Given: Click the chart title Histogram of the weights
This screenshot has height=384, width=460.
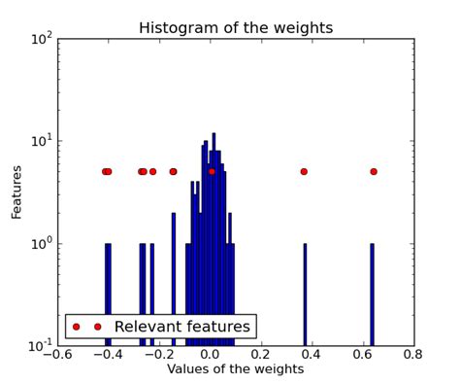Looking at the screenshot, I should pos(235,28).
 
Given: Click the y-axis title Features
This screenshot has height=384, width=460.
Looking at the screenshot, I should pos(16,192).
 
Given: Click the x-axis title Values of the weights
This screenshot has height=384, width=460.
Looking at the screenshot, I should pos(235,370).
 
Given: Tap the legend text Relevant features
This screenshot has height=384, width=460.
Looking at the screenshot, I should pos(181,327).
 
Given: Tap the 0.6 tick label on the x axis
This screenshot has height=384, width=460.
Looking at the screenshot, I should pos(363,356).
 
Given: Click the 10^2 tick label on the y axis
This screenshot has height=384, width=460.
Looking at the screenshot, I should pos(40,40).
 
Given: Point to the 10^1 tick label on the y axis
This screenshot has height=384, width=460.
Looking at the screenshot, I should pos(40,142).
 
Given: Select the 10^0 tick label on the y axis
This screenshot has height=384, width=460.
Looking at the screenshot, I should pos(40,244).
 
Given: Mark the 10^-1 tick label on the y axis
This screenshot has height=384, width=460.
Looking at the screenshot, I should pos(38,345).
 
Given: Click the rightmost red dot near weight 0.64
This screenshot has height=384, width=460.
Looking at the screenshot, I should pos(374,172).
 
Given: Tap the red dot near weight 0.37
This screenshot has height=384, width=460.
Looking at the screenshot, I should pos(304,172).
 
